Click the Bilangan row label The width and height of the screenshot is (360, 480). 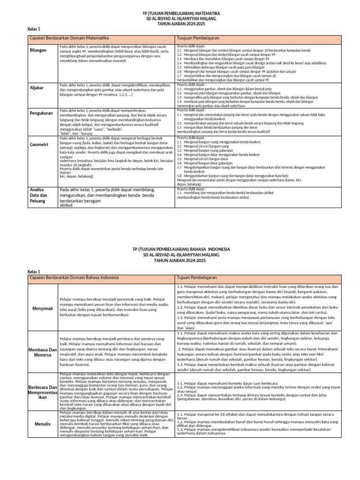pyautogui.click(x=38, y=50)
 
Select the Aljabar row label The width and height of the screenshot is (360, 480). pyautogui.click(x=37, y=88)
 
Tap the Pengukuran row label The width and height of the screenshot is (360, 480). pyautogui.click(x=40, y=113)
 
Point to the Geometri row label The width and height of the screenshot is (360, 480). pyautogui.click(x=39, y=145)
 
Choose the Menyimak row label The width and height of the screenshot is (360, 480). pyautogui.click(x=42, y=309)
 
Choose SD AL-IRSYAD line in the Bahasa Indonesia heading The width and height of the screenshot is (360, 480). pyautogui.click(x=180, y=255)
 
